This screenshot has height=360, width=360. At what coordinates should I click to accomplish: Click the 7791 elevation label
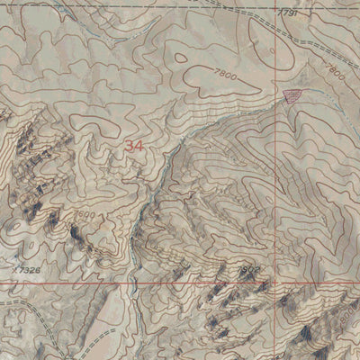(287, 13)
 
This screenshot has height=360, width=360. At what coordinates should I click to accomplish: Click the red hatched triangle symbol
(290, 95)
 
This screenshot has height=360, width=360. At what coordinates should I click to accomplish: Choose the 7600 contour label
(84, 216)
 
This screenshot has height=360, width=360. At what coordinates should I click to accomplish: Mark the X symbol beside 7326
(16, 267)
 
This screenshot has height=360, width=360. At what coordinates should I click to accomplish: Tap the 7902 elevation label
(248, 267)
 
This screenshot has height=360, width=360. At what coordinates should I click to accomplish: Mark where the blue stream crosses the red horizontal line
(132, 281)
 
